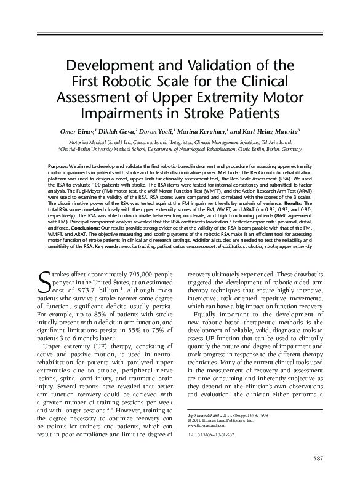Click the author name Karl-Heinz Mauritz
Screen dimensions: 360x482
pyautogui.click(x=271, y=131)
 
